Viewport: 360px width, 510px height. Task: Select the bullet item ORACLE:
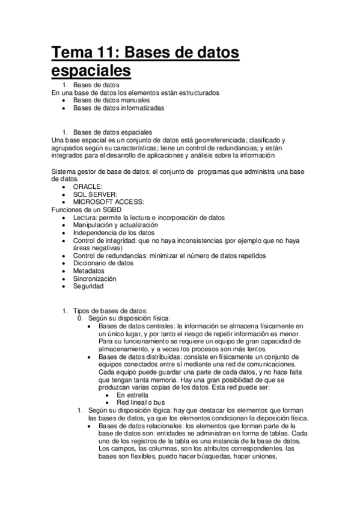[88, 186]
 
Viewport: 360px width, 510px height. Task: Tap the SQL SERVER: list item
[95, 194]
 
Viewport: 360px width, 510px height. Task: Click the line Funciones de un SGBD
[87, 209]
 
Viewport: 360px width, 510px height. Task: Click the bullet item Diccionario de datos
[103, 263]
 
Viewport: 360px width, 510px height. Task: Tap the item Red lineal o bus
[141, 403]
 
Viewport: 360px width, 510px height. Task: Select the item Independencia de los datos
[114, 233]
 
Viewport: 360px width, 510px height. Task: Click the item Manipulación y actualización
[116, 225]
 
